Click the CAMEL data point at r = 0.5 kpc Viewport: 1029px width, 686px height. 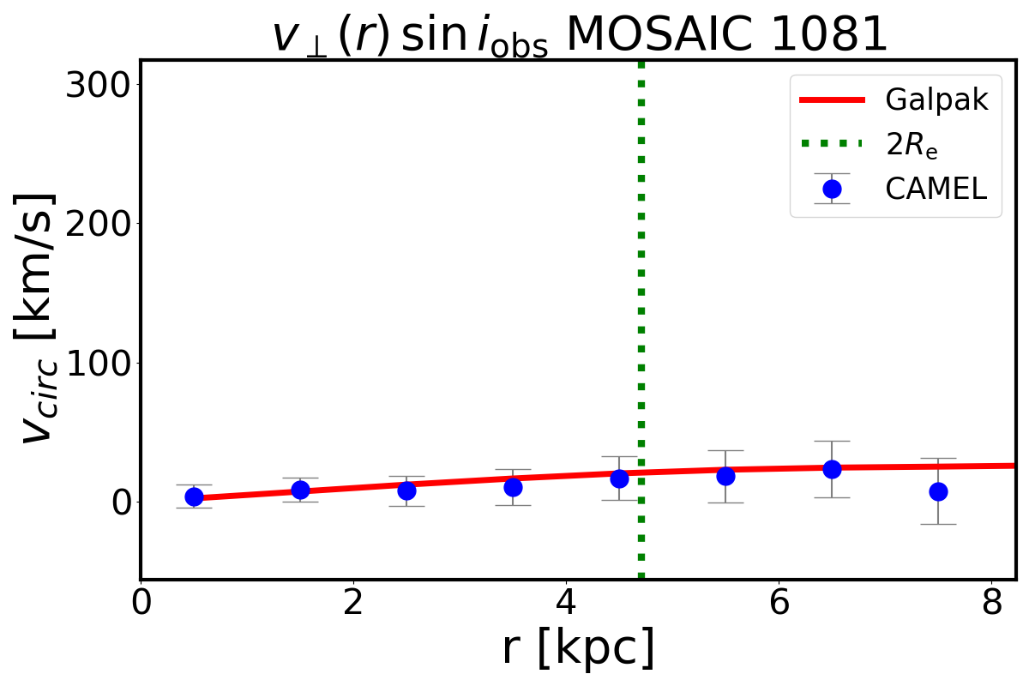coord(194,497)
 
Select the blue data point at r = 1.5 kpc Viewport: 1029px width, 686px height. coord(300,490)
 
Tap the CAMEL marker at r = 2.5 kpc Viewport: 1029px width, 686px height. coord(406,491)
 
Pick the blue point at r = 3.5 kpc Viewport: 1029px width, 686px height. coord(513,487)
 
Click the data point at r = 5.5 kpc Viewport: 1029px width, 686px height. coord(725,476)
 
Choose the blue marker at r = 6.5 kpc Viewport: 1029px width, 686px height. coord(832,469)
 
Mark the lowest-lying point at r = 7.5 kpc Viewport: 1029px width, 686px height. coord(938,491)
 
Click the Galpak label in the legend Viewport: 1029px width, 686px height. coord(937,100)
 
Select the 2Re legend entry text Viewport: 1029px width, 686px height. coord(912,144)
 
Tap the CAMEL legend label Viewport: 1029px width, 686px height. coord(936,189)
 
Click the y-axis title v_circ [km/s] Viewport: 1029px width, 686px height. coord(40,318)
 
